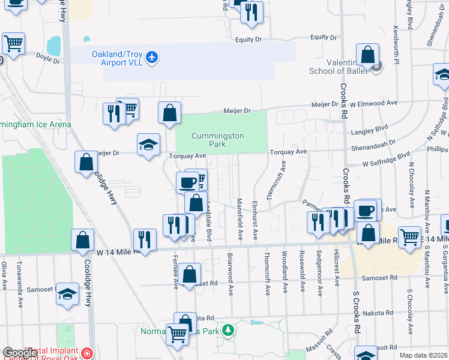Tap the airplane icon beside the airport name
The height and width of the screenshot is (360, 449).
click(152, 56)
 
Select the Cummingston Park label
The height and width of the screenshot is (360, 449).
click(217, 140)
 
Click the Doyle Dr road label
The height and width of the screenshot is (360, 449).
click(49, 59)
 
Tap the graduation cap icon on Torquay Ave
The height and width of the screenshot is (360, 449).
click(148, 145)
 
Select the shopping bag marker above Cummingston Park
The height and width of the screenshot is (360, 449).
click(170, 112)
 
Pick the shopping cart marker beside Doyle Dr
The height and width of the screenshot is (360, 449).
click(13, 43)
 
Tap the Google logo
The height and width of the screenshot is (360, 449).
click(20, 353)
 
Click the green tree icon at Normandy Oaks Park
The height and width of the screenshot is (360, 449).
click(228, 330)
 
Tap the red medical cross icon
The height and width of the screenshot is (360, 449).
click(88, 353)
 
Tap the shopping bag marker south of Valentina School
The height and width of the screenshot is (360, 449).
click(367, 230)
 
